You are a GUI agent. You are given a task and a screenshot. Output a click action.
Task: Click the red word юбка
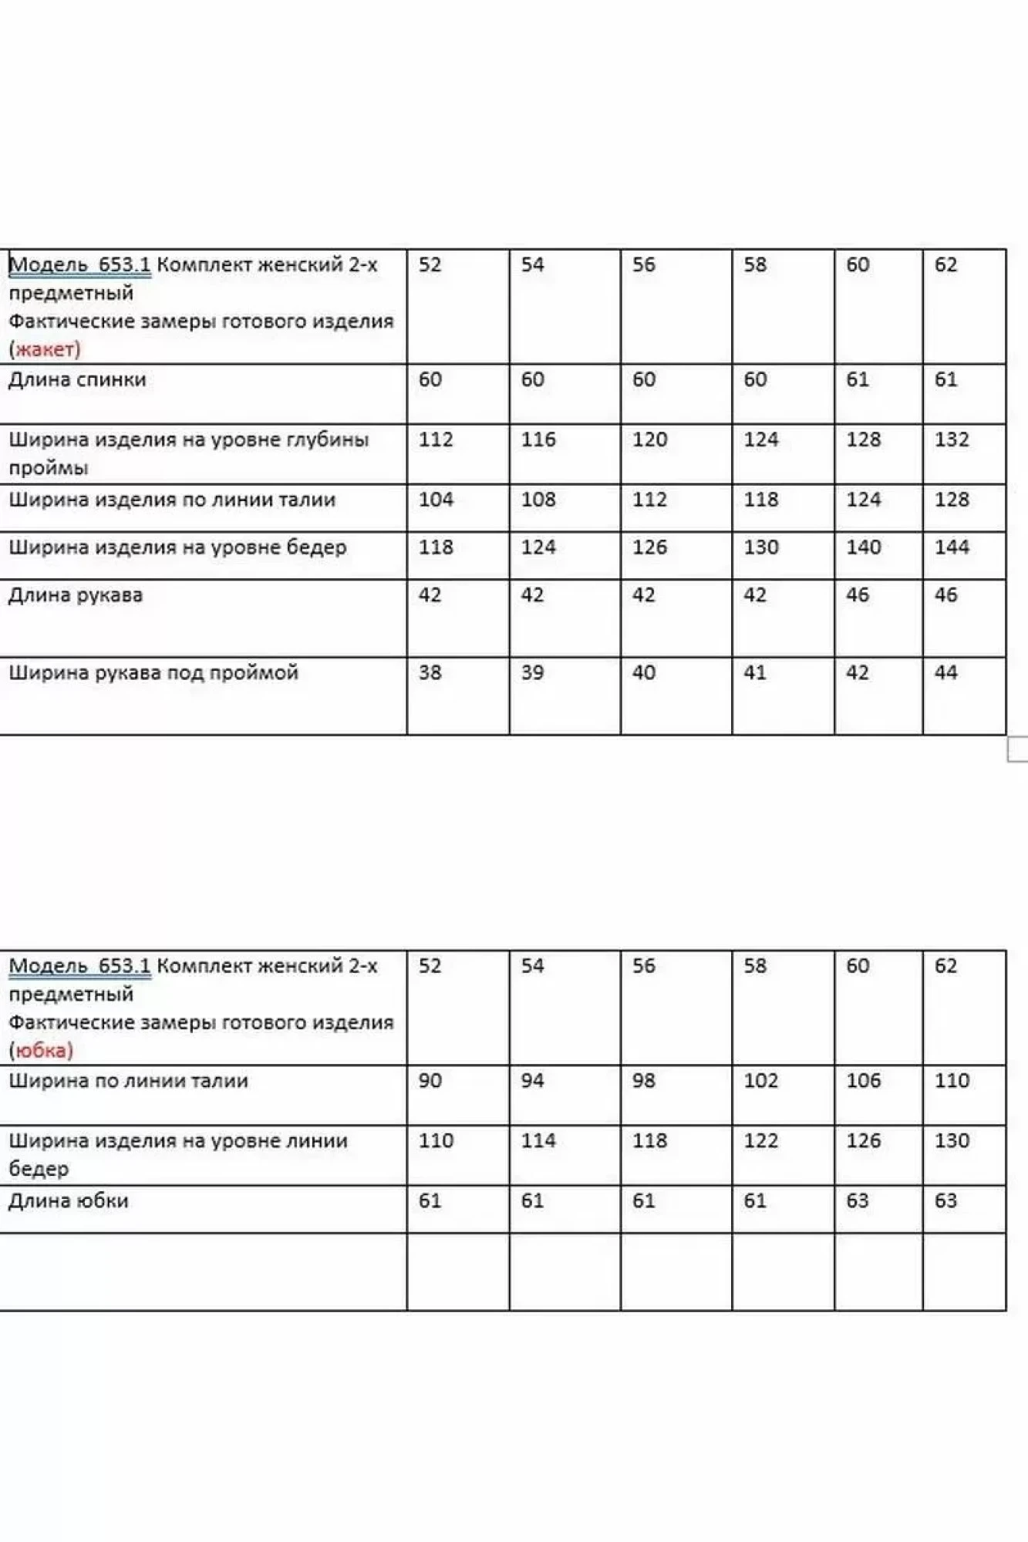click(x=42, y=1050)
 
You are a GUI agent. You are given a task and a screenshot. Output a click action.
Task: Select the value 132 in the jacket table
click(x=951, y=439)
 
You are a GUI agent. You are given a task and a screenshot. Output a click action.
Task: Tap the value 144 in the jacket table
click(x=951, y=547)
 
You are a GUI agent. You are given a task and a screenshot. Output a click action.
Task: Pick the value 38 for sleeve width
click(x=430, y=672)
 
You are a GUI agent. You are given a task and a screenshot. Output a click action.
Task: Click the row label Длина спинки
click(x=77, y=379)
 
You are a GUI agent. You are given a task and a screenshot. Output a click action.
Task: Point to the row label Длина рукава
click(x=76, y=595)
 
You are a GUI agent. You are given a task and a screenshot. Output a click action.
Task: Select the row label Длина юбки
click(x=69, y=1200)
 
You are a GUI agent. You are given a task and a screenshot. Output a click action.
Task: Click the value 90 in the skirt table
click(x=430, y=1080)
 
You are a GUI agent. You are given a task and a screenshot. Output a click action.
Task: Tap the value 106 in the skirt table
click(x=863, y=1080)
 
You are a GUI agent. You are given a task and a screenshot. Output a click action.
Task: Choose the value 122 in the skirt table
click(x=760, y=1140)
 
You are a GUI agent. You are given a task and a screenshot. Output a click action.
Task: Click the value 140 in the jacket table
click(x=863, y=547)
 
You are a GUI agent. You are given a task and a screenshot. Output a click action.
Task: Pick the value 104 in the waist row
click(x=436, y=500)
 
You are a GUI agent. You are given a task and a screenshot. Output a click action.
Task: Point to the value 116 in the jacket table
click(x=538, y=439)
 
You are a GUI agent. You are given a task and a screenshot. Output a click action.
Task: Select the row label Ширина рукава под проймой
click(x=153, y=672)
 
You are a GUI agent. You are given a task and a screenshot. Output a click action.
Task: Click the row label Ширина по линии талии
click(x=129, y=1080)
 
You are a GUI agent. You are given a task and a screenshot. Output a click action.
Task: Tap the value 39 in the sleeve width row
click(x=532, y=672)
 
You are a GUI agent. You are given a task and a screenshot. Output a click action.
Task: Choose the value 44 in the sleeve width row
click(x=945, y=672)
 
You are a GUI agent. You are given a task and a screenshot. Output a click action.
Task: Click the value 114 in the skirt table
click(x=538, y=1140)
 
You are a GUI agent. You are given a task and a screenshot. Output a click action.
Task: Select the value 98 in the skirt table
click(x=643, y=1080)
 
